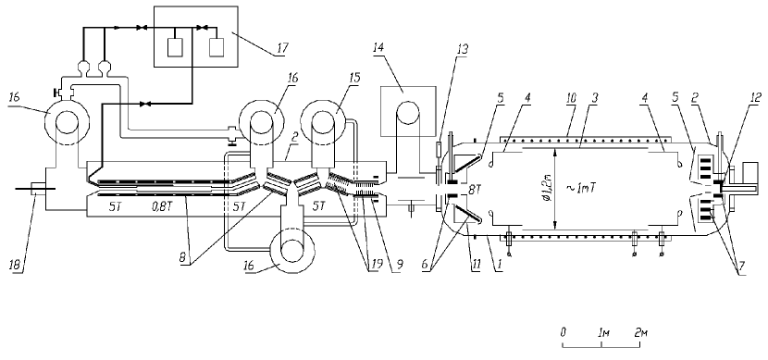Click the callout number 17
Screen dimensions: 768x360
pyautogui.click(x=281, y=48)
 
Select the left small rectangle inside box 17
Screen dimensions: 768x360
pyautogui.click(x=175, y=47)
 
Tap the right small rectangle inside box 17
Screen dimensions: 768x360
pyautogui.click(x=216, y=47)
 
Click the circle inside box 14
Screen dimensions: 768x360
pyautogui.click(x=409, y=116)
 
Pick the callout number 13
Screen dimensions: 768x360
pyautogui.click(x=462, y=49)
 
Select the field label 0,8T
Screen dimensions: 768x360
pyautogui.click(x=163, y=206)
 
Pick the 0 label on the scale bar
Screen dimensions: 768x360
pyautogui.click(x=564, y=332)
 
